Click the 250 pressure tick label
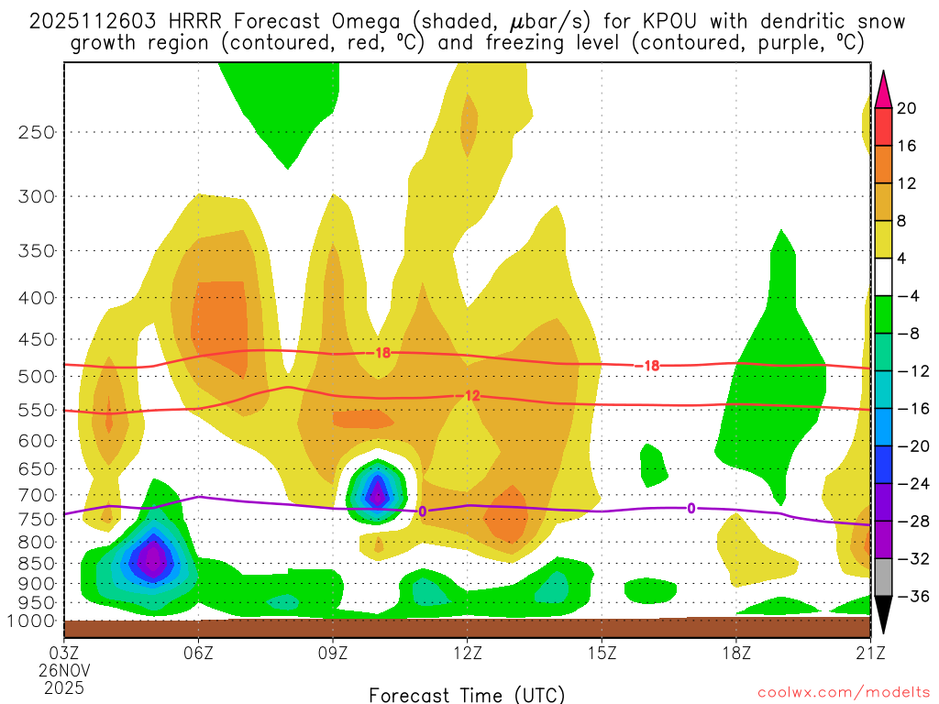(x=37, y=132)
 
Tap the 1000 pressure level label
(x=32, y=621)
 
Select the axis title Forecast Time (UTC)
(x=467, y=694)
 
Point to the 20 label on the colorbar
(x=907, y=108)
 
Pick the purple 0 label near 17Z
(x=690, y=508)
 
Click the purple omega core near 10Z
(x=377, y=495)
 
